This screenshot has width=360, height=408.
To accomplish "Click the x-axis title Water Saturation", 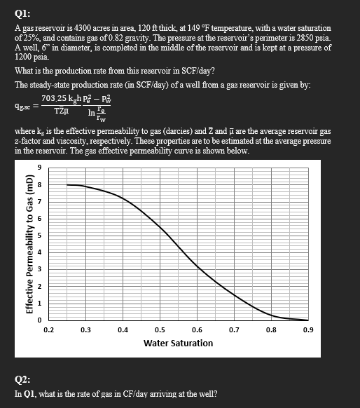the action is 178,343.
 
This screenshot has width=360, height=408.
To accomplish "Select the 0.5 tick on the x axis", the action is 160,329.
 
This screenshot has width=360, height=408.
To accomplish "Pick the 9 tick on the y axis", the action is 40,167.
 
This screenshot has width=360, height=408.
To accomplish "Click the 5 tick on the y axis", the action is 40,235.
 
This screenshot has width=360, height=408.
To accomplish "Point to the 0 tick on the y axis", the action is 40,320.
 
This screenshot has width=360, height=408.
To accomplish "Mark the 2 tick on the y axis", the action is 40,286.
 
